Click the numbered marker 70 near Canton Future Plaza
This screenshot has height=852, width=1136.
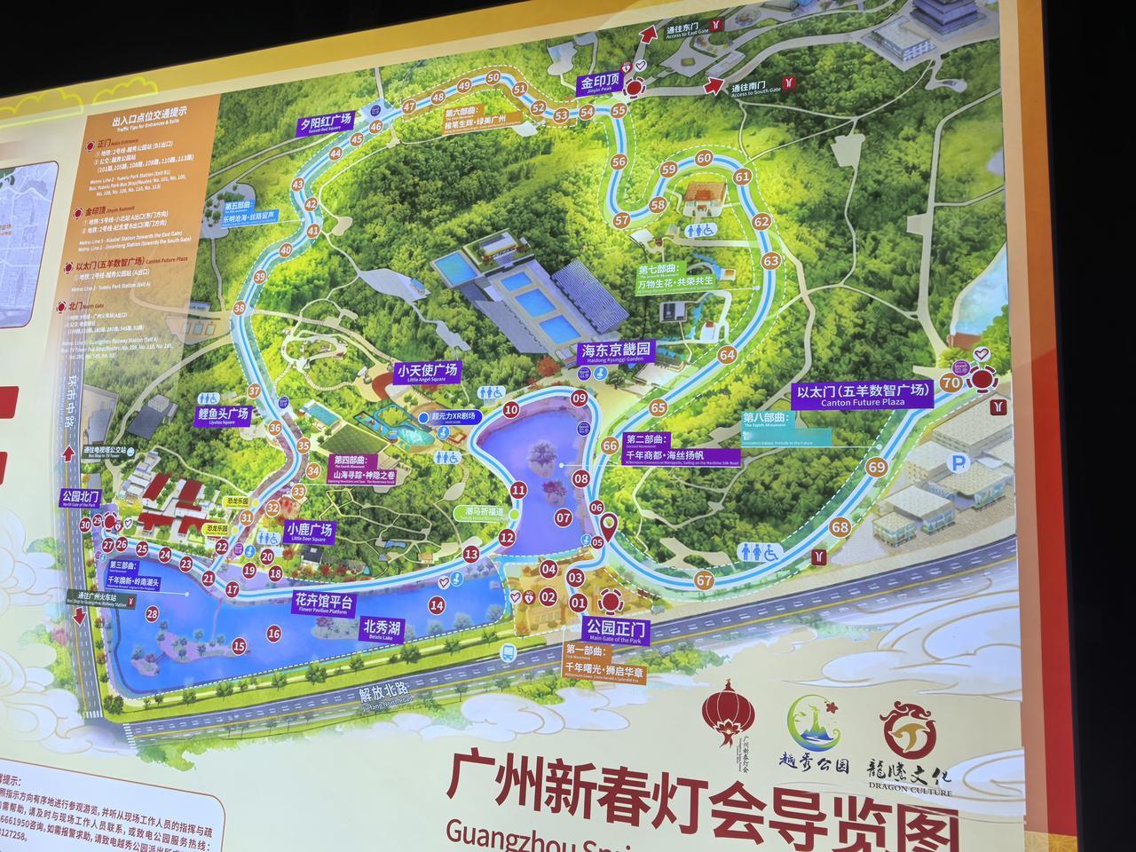951,383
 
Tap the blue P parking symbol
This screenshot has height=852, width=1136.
957,461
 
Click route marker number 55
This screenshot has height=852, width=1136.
619,110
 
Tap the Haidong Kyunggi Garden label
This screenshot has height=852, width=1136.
616,351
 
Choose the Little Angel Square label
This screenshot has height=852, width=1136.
428,372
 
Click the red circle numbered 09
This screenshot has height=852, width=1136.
580,398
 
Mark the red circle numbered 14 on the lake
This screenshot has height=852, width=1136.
436,606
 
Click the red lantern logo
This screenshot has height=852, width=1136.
728,715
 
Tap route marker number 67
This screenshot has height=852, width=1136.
704,580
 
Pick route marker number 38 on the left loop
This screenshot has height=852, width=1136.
240,308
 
